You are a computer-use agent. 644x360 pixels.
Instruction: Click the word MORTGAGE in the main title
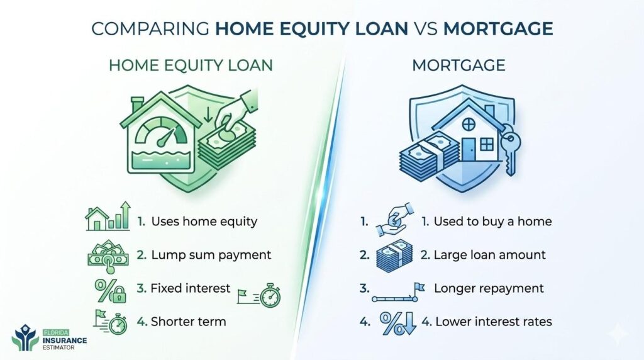coord(499,30)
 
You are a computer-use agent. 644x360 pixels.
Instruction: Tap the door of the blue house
coord(468,149)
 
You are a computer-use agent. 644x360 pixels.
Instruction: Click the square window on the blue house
coord(487,145)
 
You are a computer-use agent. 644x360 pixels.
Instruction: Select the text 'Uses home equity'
coord(203,222)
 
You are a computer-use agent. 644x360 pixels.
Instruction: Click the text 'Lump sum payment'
coord(210,255)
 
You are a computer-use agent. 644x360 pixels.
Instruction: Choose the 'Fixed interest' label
coord(190,288)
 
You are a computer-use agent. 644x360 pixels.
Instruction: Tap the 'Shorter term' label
coord(187,322)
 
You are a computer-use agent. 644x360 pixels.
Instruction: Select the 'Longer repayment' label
coord(488,288)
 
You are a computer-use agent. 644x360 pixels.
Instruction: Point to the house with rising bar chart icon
coord(108,218)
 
